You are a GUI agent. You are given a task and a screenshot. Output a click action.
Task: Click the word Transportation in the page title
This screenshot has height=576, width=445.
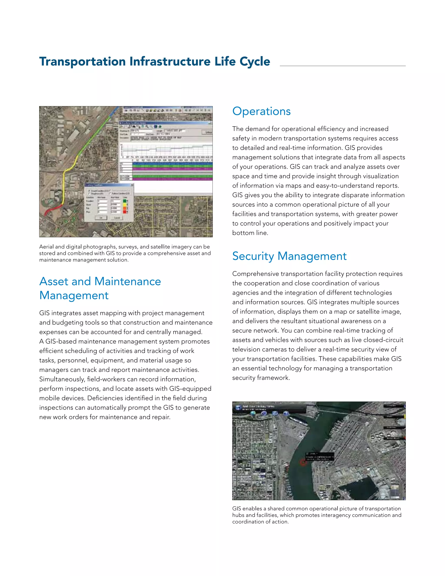point(83,62)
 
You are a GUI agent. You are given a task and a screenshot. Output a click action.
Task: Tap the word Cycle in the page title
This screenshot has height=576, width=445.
point(255,62)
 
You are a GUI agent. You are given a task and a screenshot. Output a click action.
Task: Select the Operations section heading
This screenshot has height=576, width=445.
point(261,111)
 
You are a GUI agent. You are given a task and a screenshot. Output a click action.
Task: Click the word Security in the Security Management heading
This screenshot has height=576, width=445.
point(253,256)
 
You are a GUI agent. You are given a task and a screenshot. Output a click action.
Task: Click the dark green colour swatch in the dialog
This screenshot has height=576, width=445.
point(125,201)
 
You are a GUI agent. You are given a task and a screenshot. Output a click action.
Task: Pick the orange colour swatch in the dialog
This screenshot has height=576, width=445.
point(125,208)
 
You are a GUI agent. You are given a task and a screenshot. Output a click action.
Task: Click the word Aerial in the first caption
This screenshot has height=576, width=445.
point(46,247)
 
